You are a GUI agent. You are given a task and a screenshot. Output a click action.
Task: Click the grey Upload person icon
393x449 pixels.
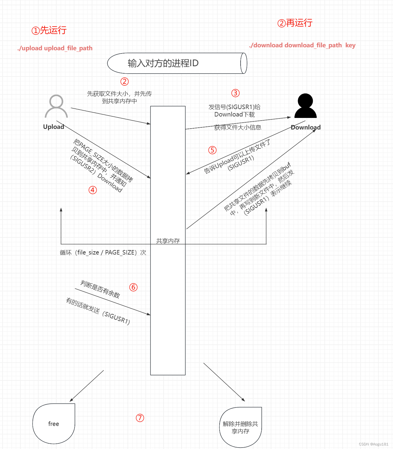[x=56, y=106]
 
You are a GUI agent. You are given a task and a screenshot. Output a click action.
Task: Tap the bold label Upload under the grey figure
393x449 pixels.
[x=54, y=127]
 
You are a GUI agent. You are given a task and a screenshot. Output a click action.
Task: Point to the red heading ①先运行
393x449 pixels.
[x=49, y=30]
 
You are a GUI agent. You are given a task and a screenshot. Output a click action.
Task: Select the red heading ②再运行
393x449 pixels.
[x=295, y=23]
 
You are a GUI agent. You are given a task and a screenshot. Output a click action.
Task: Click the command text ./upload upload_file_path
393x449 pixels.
[x=55, y=48]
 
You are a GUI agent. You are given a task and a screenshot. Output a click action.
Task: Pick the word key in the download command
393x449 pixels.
[x=350, y=45]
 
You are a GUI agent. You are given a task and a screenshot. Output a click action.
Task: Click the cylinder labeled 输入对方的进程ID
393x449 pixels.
[x=177, y=63]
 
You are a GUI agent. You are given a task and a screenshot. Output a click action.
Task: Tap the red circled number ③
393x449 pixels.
[x=235, y=93]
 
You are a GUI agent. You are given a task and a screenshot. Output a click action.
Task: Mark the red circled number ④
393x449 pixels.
[x=93, y=190]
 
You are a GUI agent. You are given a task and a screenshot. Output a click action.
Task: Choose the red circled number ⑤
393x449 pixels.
[x=212, y=150]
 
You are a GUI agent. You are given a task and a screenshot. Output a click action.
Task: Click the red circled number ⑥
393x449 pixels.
[x=133, y=287]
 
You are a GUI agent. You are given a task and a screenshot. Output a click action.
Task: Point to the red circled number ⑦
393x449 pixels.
[x=140, y=418]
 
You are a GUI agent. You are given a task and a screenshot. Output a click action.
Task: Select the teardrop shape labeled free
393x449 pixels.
[x=54, y=424]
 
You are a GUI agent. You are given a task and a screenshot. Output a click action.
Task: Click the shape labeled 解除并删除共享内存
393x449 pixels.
[x=240, y=427]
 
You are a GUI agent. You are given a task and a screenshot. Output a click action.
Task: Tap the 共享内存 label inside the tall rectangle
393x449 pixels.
[x=168, y=241]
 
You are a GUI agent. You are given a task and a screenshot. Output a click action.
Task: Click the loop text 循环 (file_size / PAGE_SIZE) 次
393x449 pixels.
[x=103, y=252]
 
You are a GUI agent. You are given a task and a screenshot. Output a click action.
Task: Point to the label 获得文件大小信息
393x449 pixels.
[x=238, y=127]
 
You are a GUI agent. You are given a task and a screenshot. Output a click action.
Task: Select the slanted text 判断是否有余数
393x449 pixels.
[x=100, y=289]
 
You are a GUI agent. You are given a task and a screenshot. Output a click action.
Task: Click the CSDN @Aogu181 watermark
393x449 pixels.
[x=373, y=444]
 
